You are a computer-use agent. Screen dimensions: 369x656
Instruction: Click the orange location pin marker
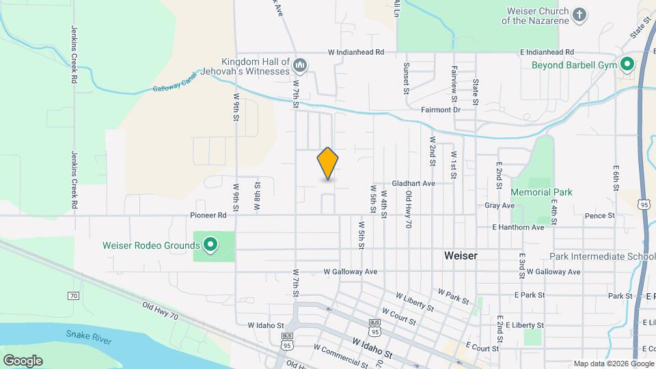coord(328,163)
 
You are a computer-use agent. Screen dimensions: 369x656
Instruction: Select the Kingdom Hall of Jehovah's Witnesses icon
coord(300,66)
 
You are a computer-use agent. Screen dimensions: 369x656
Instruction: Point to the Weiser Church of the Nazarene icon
coord(579,15)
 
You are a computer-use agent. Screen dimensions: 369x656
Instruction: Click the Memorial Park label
coord(541,193)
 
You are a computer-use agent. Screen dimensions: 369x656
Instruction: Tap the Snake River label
coord(89,334)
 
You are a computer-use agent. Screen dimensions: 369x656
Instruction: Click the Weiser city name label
coord(460,256)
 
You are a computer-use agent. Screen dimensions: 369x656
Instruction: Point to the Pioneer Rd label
coord(208,215)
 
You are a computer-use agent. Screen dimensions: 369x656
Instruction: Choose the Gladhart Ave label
coord(413,184)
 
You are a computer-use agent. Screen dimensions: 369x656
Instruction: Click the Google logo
coord(23,360)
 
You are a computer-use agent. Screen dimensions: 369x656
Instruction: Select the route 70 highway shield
coord(73,296)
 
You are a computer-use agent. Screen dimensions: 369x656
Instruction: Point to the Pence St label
coord(599,216)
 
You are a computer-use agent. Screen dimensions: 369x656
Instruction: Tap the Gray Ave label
coord(499,205)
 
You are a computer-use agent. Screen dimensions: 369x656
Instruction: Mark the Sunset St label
coord(406,77)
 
